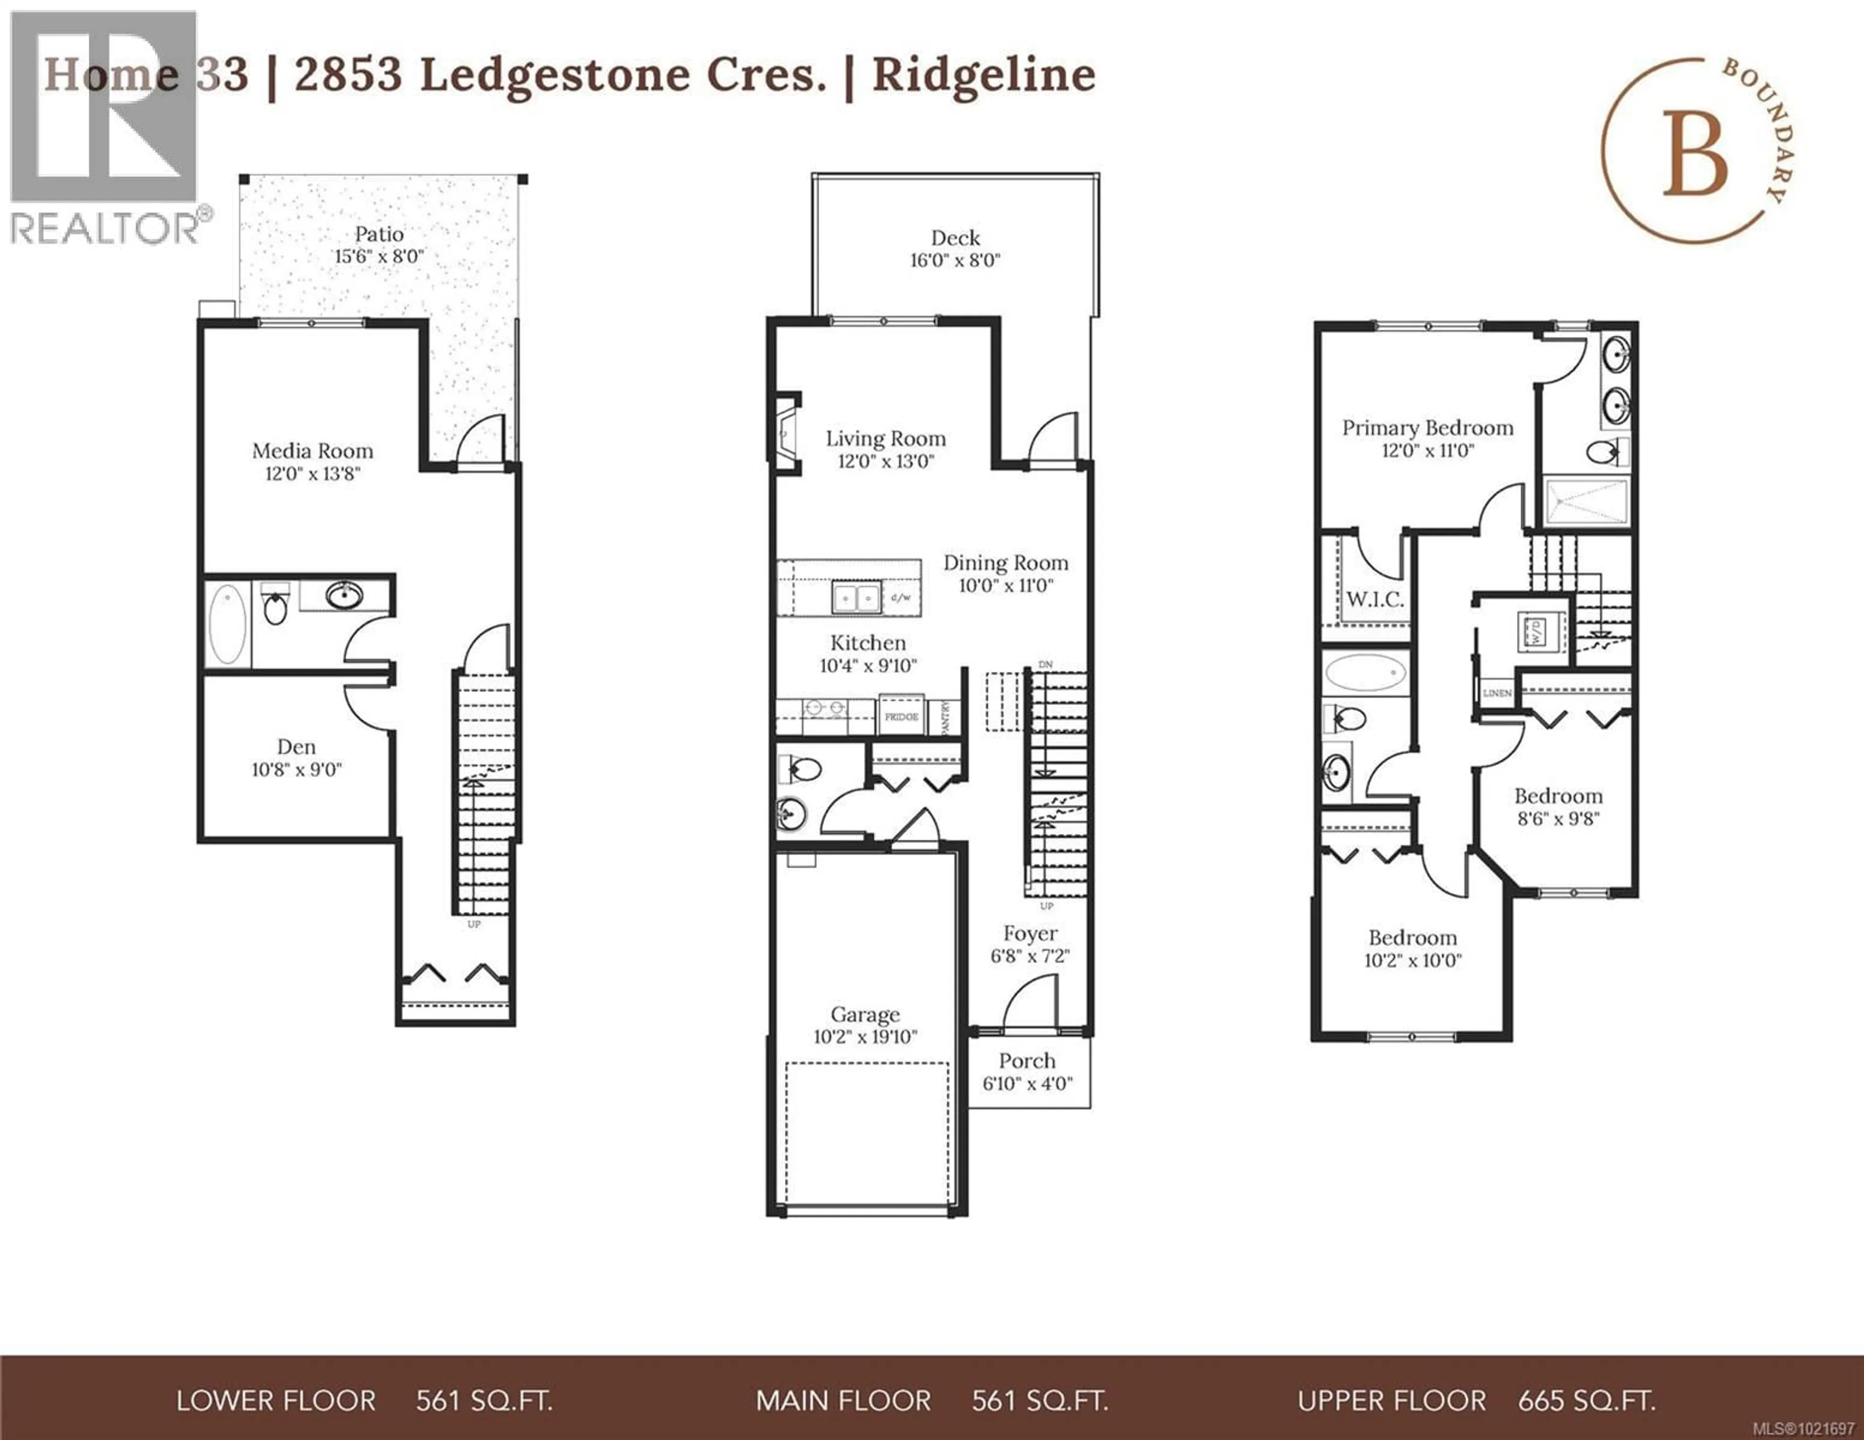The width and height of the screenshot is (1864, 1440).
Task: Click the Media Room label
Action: pos(313,451)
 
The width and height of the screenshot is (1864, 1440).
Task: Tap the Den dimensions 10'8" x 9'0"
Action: pos(296,770)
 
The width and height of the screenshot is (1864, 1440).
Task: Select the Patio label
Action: pos(379,234)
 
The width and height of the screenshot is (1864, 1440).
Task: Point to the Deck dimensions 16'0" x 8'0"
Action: pos(954,260)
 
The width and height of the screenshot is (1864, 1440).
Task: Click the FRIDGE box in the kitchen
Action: pos(901,716)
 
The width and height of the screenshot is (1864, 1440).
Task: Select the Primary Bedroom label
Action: pos(1427,428)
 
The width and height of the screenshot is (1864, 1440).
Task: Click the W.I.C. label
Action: pos(1374,599)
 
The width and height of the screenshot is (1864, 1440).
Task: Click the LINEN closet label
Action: pos(1497,693)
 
